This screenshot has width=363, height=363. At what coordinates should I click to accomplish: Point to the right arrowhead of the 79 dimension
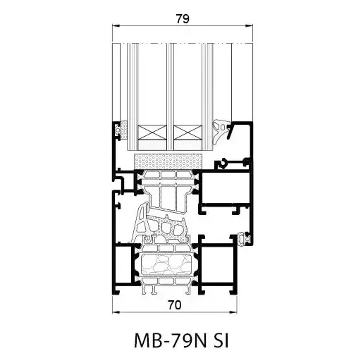252,27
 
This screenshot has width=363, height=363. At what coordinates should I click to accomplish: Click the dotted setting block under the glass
169,159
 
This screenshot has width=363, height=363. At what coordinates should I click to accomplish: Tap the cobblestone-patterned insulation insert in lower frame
168,267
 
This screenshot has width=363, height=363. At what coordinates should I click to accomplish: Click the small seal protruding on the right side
247,239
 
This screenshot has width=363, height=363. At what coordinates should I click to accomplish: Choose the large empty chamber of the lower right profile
217,266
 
